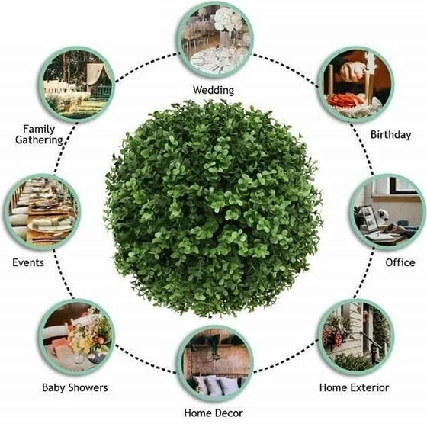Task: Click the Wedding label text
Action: (x=213, y=90)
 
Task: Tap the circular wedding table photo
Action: (x=215, y=40)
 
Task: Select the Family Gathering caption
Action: (x=39, y=134)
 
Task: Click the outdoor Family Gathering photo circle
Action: (x=77, y=84)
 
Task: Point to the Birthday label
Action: (x=390, y=135)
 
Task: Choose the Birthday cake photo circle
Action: (x=356, y=84)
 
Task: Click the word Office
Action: (x=400, y=262)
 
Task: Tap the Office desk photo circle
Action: (x=388, y=212)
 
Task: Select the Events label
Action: (x=28, y=262)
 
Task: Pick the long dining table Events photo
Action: (x=43, y=212)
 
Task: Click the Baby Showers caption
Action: (x=75, y=388)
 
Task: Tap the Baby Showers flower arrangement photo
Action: (x=77, y=337)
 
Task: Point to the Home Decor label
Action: (x=213, y=413)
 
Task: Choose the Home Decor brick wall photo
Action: (x=215, y=363)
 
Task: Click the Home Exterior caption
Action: (x=354, y=388)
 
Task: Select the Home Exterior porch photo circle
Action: (x=356, y=337)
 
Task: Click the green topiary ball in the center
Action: (x=213, y=208)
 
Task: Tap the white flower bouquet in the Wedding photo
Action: (x=228, y=19)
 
